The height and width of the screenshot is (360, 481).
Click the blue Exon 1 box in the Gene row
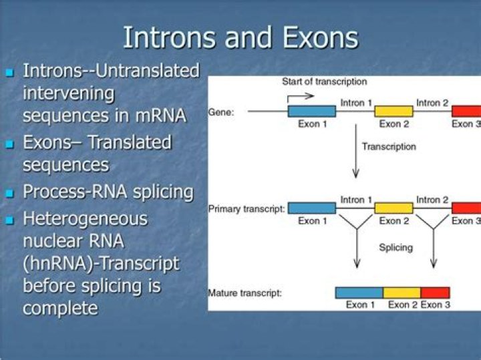tap(311, 111)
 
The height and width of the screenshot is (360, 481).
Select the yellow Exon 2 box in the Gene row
tap(393, 111)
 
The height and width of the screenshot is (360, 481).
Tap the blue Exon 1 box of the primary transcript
tap(311, 208)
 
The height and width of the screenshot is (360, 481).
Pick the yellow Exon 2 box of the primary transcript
tap(393, 208)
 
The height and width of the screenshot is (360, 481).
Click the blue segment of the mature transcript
tap(359, 293)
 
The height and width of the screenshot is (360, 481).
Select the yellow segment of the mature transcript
tap(402, 293)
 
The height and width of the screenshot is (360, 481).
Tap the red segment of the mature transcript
tap(435, 293)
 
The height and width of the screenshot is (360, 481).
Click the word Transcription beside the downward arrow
tap(389, 146)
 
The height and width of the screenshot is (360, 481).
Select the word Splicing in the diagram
tap(395, 247)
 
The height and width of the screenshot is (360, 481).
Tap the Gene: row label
tap(221, 112)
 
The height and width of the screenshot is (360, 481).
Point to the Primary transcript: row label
tap(247, 209)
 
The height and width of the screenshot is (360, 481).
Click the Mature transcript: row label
tap(245, 293)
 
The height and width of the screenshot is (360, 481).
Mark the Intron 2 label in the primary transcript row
tap(432, 200)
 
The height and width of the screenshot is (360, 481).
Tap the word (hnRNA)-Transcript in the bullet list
tap(101, 263)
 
